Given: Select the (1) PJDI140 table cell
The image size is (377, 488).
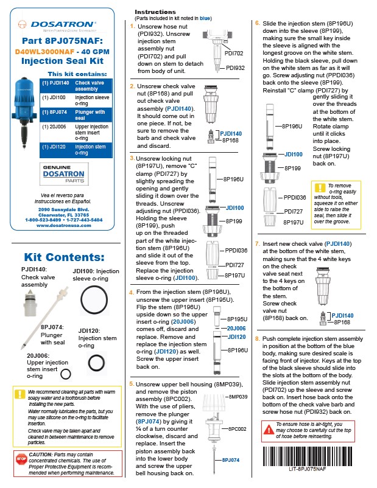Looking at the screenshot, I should (55, 85).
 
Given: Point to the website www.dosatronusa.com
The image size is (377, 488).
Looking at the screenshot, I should (63, 225).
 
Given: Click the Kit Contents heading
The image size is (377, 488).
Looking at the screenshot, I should (63, 257).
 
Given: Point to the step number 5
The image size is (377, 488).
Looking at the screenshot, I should (132, 385).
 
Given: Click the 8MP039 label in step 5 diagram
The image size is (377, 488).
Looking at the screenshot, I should (236, 397).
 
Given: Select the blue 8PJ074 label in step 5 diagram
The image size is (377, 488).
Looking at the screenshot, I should (231, 460).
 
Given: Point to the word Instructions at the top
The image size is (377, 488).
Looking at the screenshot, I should (155, 12).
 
